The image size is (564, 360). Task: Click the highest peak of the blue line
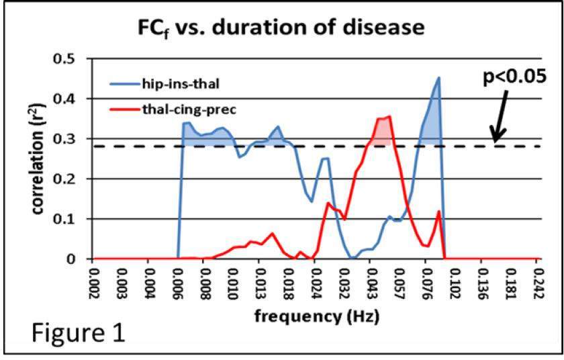tap(438, 78)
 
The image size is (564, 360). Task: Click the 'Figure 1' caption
tap(68, 333)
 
